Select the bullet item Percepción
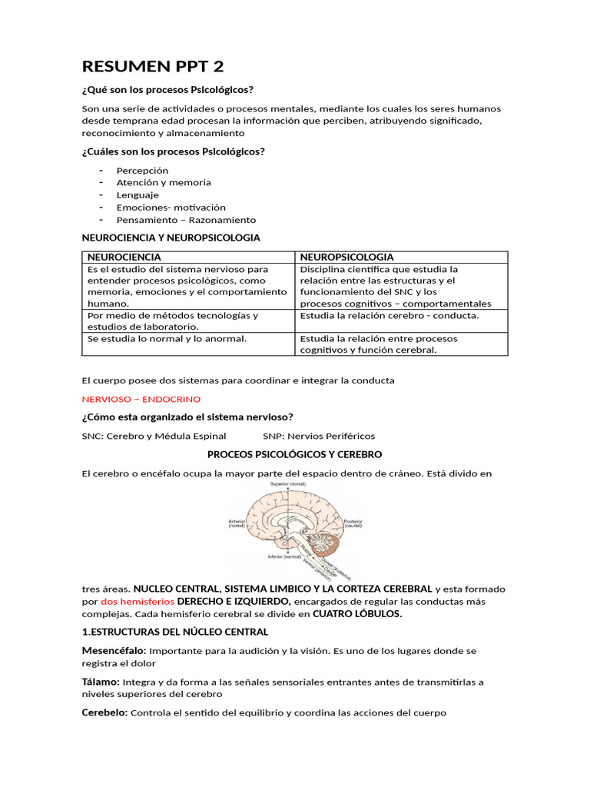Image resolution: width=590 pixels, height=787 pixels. (142, 170)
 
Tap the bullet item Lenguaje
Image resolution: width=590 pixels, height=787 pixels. (138, 195)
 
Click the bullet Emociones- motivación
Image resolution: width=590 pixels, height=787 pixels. (171, 208)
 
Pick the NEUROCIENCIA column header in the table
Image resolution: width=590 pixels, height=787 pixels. (124, 257)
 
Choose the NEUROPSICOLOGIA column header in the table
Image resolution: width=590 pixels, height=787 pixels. (346, 257)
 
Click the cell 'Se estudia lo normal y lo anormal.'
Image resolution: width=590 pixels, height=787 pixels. (167, 338)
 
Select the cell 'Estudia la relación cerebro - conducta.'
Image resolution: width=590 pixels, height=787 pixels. (389, 315)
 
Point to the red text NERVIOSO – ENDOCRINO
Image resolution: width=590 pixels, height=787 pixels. (141, 399)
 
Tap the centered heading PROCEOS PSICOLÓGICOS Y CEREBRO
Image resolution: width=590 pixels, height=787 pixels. (294, 454)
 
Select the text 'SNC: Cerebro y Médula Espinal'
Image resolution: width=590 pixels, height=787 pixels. (154, 436)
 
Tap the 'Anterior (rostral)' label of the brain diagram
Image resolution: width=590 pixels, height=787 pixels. (237, 523)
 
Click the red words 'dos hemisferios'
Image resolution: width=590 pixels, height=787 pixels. (138, 601)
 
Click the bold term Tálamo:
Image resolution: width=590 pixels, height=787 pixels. (101, 682)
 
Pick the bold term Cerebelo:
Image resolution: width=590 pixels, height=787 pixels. (104, 712)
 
